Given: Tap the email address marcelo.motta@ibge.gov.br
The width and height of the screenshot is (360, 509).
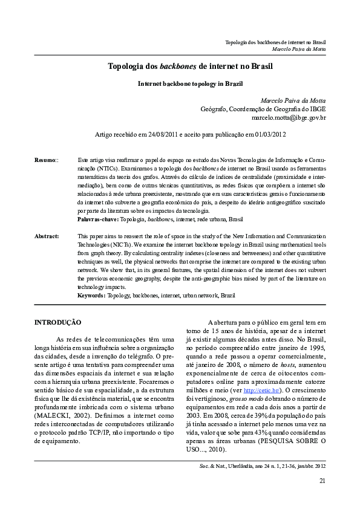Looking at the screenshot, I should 289,118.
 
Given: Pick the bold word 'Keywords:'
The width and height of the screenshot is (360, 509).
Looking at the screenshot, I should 92,295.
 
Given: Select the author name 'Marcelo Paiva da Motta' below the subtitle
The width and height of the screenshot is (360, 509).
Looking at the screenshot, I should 293,100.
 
